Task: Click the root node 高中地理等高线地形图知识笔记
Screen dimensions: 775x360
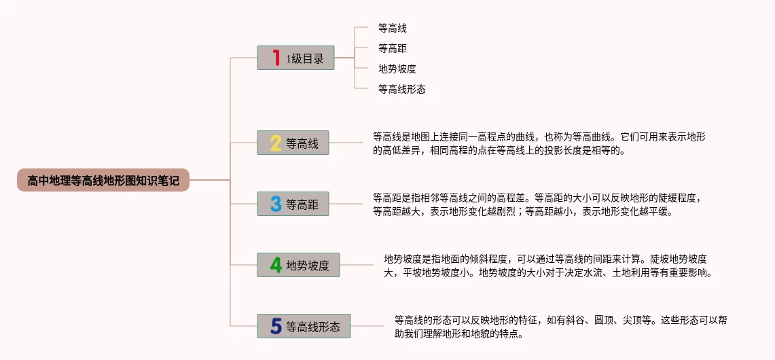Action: [x=103, y=181]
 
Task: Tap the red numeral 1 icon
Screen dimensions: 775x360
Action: [x=276, y=58]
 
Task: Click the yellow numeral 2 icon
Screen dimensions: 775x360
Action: [x=276, y=143]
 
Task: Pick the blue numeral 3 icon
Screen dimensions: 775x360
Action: [x=276, y=204]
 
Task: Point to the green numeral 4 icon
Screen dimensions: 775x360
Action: [x=276, y=265]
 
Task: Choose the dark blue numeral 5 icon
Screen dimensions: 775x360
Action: [x=276, y=326]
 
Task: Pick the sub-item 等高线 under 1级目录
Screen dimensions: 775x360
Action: [x=393, y=29]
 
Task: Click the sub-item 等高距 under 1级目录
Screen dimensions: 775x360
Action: [x=393, y=49]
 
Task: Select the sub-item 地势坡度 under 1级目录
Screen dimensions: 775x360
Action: [x=397, y=69]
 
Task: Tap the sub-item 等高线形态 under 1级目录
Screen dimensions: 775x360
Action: [x=402, y=89]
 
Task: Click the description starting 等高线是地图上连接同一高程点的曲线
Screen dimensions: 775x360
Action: [x=539, y=143]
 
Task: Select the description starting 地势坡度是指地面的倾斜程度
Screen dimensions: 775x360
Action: [x=547, y=266]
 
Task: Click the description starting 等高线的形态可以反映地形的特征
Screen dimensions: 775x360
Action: [x=561, y=326]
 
